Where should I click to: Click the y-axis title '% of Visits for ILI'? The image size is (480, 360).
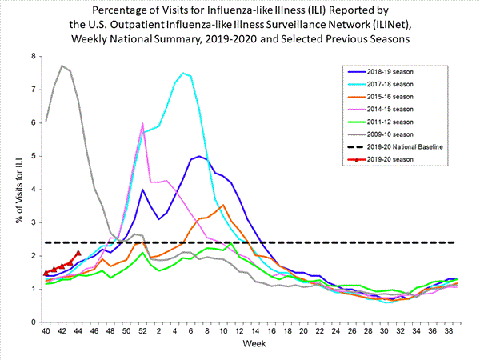[17, 189]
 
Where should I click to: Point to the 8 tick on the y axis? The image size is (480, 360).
[34, 57]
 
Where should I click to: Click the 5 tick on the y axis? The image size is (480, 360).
[34, 156]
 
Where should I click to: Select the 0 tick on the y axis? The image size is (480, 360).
[34, 322]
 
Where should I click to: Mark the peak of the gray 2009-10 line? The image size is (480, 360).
[62, 66]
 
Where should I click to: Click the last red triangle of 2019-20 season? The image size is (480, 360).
[78, 253]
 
